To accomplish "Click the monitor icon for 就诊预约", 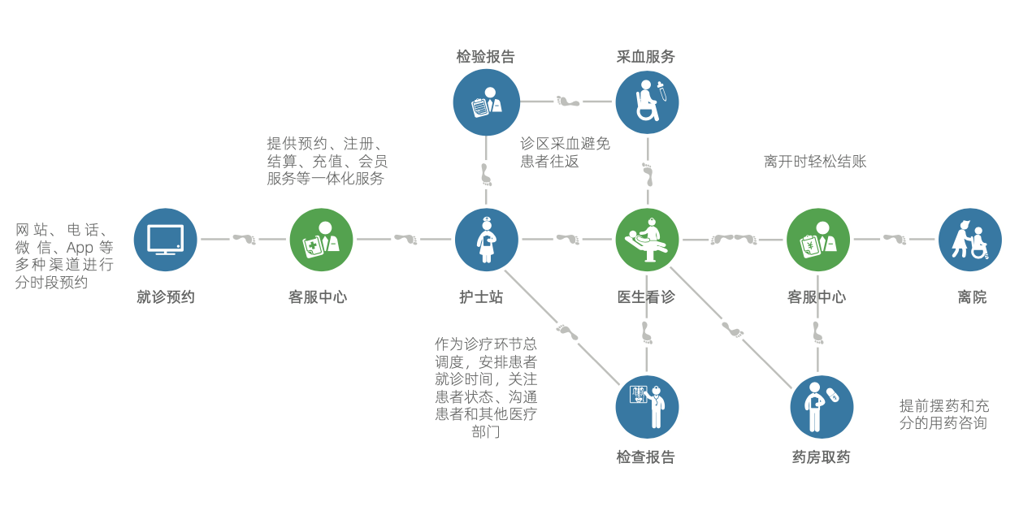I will tap(165, 240).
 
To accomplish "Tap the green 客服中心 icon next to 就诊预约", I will tap(321, 240).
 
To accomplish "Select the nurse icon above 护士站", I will tap(486, 240).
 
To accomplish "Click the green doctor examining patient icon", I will tap(647, 240).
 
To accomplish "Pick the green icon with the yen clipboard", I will tap(817, 240).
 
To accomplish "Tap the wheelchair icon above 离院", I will tap(969, 240).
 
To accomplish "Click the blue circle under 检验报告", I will tap(486, 102).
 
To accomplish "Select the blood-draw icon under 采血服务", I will tap(647, 102).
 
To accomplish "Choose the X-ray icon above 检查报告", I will tap(647, 407).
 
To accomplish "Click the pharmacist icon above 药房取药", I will tap(822, 407).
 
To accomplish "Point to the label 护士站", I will tap(481, 297).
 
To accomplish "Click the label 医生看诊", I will tap(646, 297).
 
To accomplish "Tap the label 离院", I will tap(972, 297).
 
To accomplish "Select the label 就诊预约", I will tap(166, 297).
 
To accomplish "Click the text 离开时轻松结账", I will tap(815, 162).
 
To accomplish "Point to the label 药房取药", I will tap(821, 457).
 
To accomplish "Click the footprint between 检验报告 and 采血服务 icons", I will tap(568, 102).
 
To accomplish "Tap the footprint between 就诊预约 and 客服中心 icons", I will tap(244, 239).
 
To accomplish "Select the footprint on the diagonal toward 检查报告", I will tap(567, 331).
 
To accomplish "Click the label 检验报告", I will tap(485, 57).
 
